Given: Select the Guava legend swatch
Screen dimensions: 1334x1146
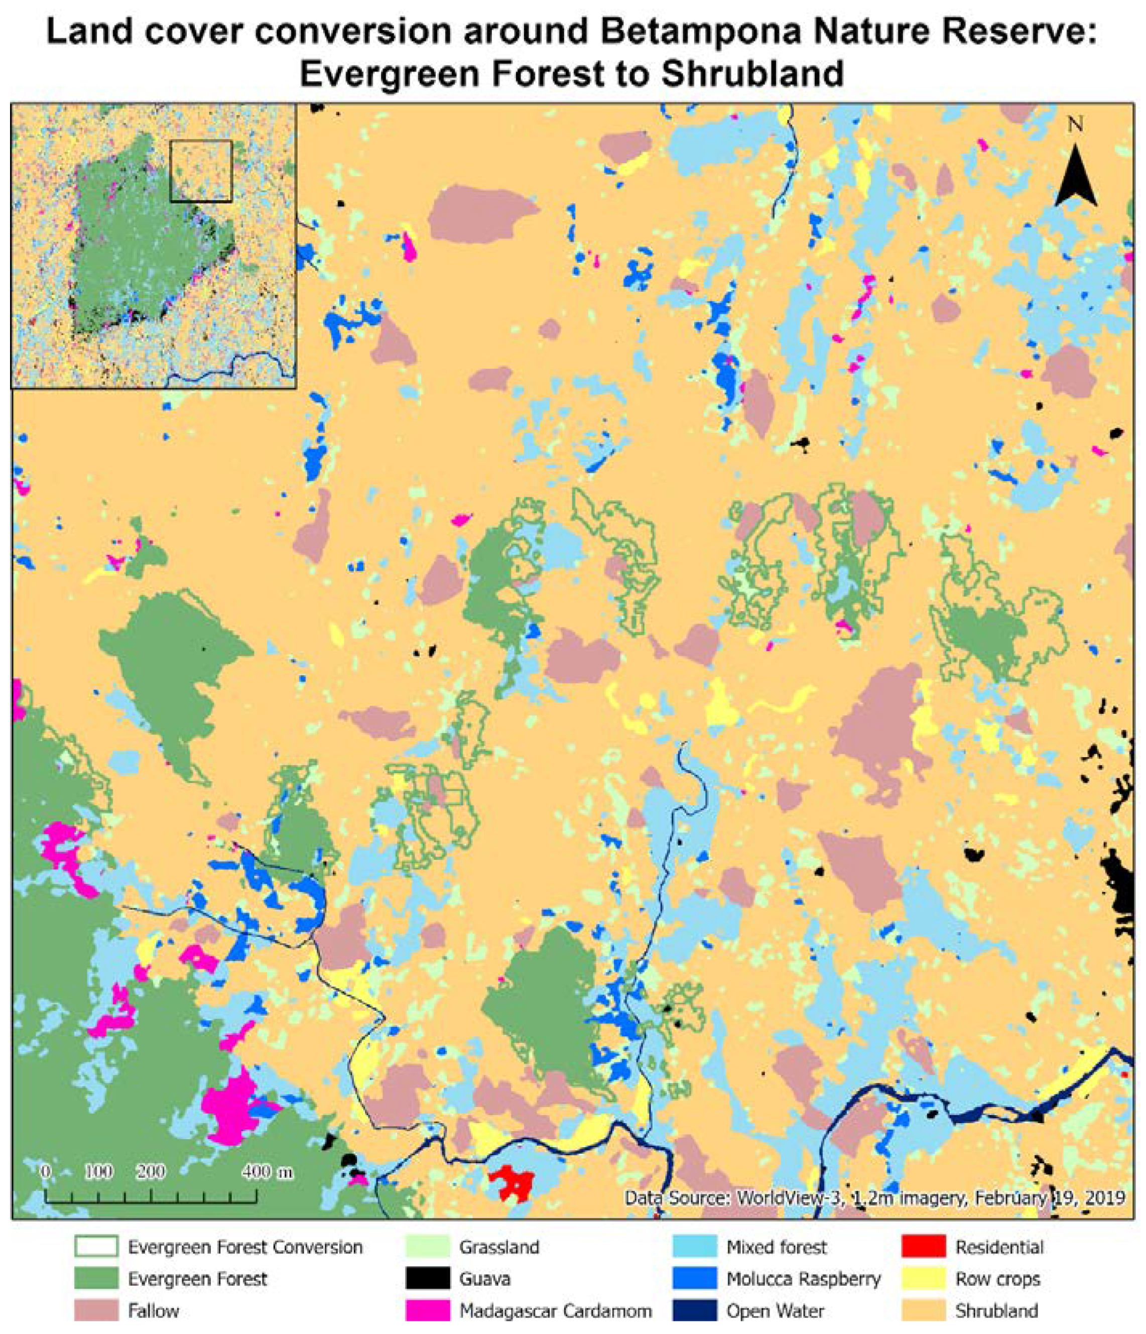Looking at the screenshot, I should click(x=428, y=1279).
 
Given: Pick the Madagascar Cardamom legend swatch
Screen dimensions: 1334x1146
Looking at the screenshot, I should click(x=428, y=1310).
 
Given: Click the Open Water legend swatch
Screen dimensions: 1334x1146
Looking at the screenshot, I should click(x=694, y=1310).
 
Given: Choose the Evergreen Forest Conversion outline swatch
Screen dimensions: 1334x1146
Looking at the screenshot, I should click(x=96, y=1247).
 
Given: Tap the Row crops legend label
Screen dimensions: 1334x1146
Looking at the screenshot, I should click(x=997, y=1279).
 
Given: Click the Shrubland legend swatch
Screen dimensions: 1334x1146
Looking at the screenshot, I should click(x=923, y=1310).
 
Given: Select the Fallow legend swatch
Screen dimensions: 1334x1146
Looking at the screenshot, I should click(x=96, y=1310).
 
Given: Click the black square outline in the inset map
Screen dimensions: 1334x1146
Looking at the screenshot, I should click(x=200, y=171).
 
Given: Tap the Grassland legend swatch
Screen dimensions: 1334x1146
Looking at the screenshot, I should click(x=428, y=1247).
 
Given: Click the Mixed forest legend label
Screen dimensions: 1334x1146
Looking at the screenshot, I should click(x=777, y=1247).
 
